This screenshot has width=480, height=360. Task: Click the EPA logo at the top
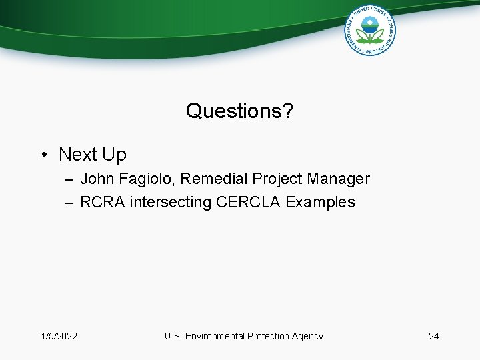point(370,30)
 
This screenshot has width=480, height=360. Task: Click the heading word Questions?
point(239,111)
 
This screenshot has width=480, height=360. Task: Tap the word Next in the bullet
point(78,155)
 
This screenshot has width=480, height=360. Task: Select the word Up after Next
point(113,155)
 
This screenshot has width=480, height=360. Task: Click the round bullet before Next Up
point(43,155)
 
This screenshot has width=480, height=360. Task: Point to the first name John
point(97,179)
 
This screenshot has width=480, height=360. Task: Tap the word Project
point(276,179)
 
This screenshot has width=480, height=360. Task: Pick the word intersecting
point(171,202)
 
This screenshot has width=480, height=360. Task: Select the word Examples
point(320,202)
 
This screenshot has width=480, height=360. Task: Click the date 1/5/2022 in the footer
point(59,336)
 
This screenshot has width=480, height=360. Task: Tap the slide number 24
point(433,336)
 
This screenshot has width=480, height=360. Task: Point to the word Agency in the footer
point(307,336)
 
